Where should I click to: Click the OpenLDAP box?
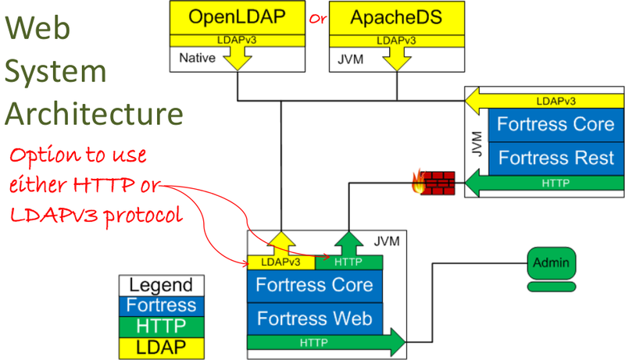pos(237,17)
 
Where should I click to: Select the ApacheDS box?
pos(395,17)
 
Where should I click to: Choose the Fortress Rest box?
pos(556,158)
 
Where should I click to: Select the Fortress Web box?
pos(315,318)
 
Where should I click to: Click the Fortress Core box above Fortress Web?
pos(315,284)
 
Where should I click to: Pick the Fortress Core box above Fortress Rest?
pos(556,124)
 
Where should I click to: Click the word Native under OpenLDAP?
pos(196,58)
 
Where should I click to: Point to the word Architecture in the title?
pos(94,113)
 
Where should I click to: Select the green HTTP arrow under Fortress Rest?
pos(547,184)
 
